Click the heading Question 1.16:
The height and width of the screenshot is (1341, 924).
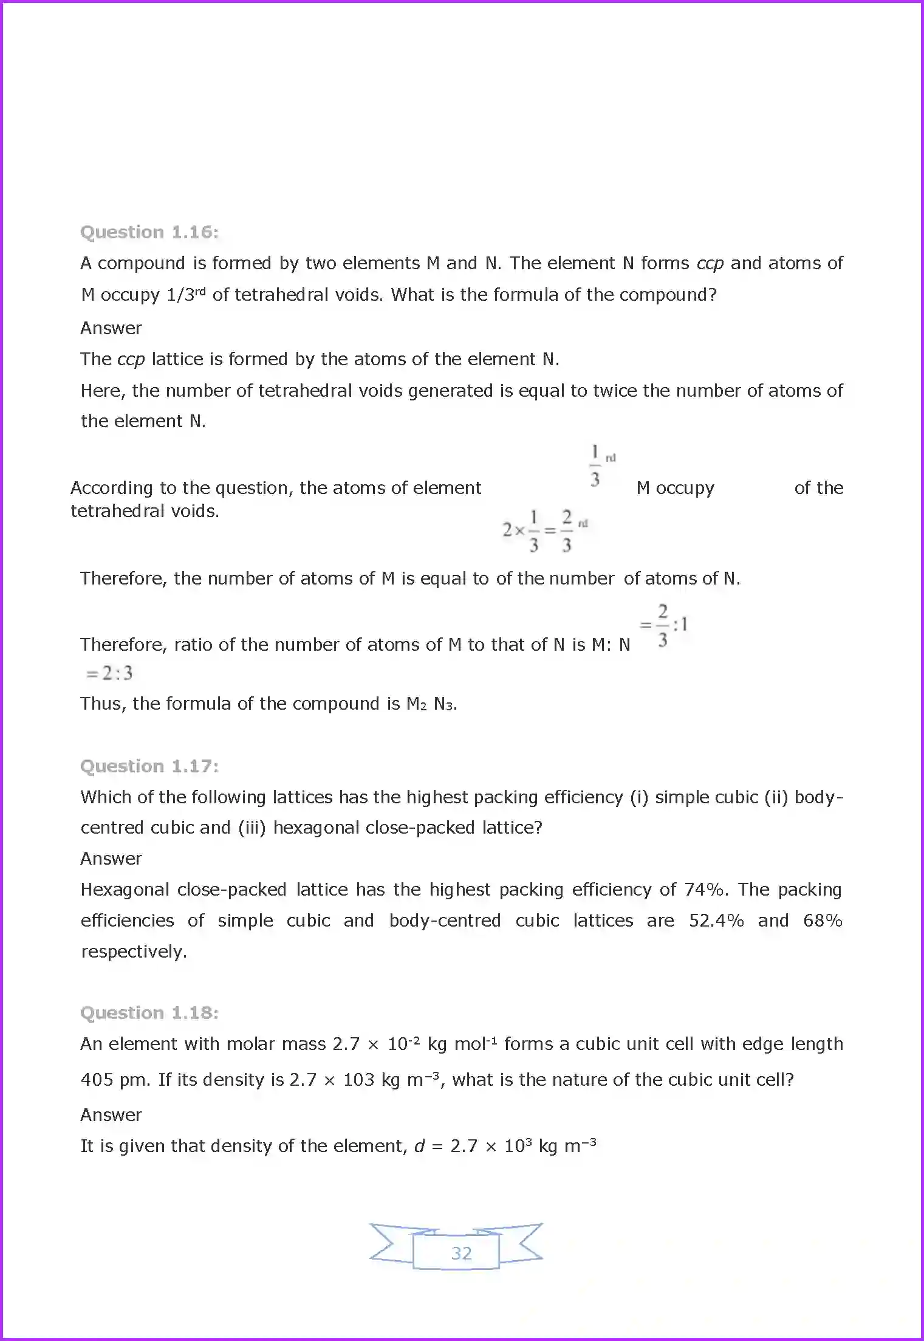coord(149,232)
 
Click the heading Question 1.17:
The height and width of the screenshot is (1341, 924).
coord(149,766)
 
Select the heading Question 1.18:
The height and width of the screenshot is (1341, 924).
coord(149,1013)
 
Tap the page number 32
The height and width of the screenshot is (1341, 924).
coord(461,1254)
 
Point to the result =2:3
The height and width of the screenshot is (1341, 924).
coord(109,673)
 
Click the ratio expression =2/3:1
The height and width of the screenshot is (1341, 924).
coord(663,625)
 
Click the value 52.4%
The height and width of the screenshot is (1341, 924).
coord(716,921)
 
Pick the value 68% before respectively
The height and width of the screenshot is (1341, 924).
coord(822,921)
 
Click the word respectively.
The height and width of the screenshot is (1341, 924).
coord(134,952)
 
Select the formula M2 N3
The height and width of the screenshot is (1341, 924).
coord(430,704)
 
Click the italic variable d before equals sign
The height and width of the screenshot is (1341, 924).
coord(419,1146)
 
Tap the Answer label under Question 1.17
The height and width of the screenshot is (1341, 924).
coord(111,859)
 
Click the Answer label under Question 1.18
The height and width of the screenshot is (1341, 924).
coord(111,1115)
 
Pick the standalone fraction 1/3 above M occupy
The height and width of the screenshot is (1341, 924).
coord(595,466)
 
